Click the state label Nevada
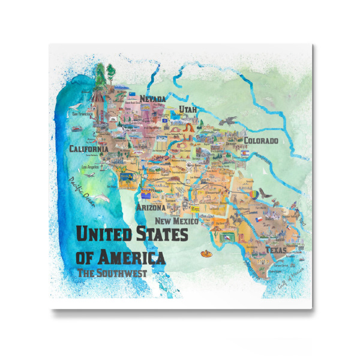[x=152, y=99]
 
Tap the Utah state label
[x=188, y=110]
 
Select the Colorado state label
[x=260, y=141]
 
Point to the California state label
[x=88, y=149]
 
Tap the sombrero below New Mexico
[x=206, y=253]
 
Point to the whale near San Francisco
[x=77, y=128]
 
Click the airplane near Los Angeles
[x=90, y=176]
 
